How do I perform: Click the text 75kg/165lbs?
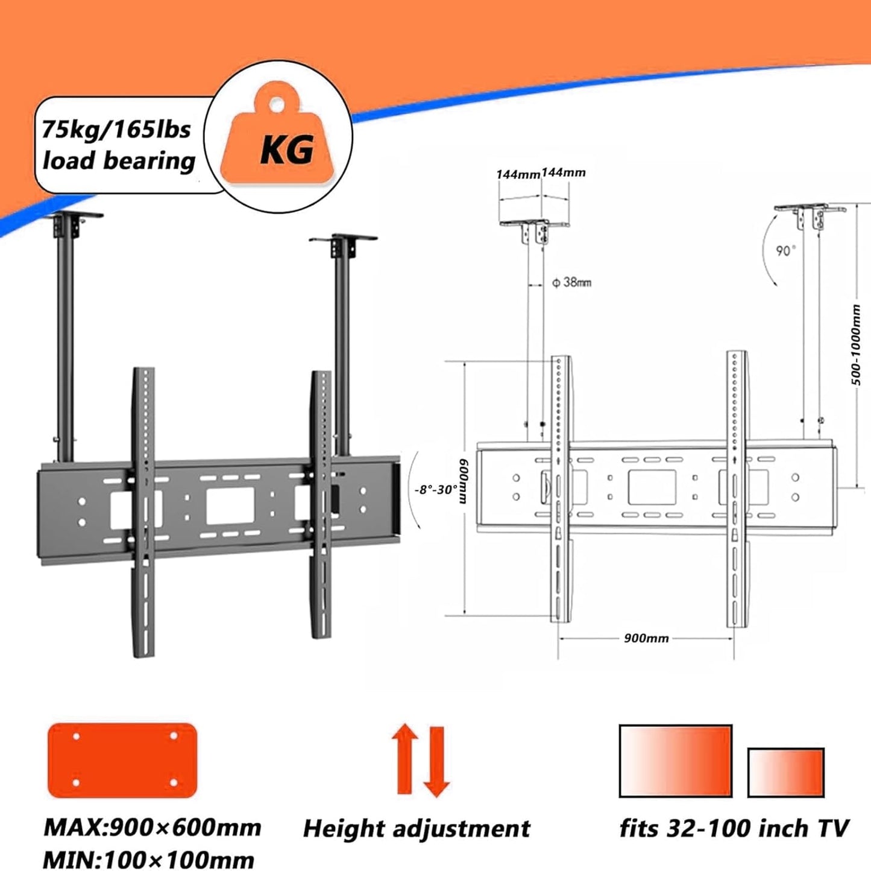tap(116, 130)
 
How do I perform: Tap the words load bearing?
tap(119, 161)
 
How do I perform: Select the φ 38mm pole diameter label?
tap(571, 282)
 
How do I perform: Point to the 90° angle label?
tap(785, 251)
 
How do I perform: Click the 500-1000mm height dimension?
tap(857, 344)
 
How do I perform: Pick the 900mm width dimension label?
tap(646, 638)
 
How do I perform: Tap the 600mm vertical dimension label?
tap(464, 480)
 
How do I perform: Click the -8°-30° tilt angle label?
tap(436, 489)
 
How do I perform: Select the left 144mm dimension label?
tap(518, 174)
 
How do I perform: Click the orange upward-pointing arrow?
tap(404, 759)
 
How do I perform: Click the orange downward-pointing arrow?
tap(436, 762)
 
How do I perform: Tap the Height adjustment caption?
tap(417, 829)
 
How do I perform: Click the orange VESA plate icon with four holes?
tap(122, 760)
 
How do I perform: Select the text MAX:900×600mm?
tap(152, 828)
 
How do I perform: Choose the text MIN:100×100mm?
tap(148, 860)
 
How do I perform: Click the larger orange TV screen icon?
tap(675, 761)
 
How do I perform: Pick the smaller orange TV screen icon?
tap(785, 773)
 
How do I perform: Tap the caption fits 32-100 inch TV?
tap(734, 828)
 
